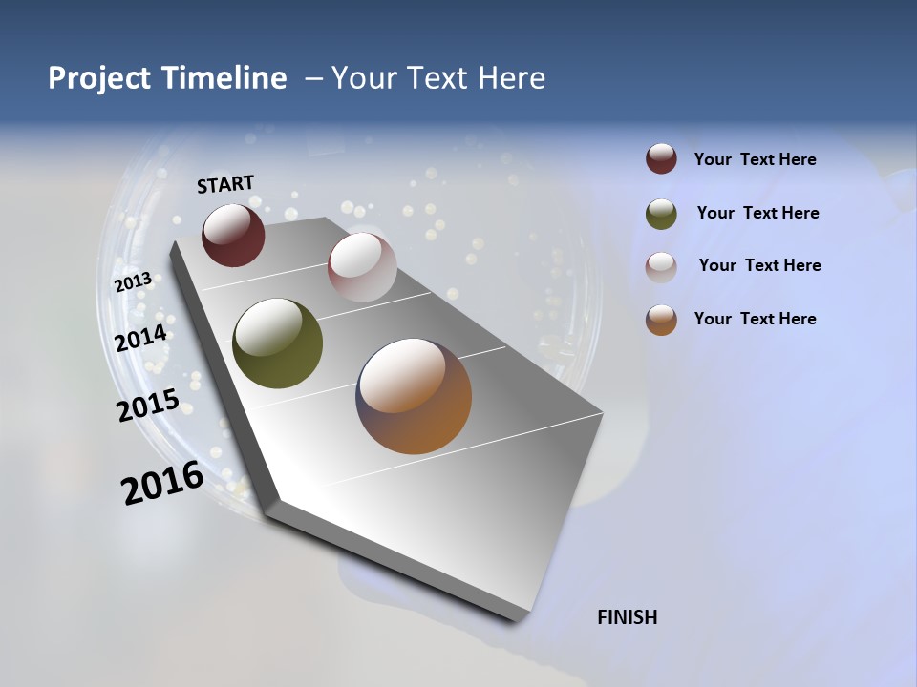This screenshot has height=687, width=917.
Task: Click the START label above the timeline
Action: tap(225, 184)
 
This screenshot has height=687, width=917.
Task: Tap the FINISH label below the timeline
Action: tap(628, 617)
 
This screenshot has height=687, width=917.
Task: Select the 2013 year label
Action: tap(133, 282)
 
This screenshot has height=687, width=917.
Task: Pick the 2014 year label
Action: tap(141, 338)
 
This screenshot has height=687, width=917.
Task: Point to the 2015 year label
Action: tap(148, 405)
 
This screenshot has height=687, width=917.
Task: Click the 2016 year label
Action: tap(162, 483)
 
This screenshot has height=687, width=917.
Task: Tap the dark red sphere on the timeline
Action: tap(233, 236)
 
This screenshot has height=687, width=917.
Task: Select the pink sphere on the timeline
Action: tap(362, 267)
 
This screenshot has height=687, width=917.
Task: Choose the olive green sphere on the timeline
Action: tap(277, 343)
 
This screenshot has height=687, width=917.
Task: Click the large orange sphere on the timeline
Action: tap(414, 396)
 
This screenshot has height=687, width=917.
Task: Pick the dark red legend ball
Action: tap(661, 159)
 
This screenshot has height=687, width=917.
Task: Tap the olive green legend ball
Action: tap(661, 214)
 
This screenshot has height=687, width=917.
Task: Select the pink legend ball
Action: tap(661, 267)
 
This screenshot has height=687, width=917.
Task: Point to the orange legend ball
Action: tap(661, 320)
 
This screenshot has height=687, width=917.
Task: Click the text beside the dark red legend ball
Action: tap(756, 160)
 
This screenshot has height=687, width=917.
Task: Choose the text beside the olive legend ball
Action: tap(757, 213)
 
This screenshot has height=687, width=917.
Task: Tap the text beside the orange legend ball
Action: tap(756, 319)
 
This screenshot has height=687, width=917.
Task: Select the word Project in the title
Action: tap(99, 78)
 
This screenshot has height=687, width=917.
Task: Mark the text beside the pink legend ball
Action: tap(759, 265)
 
